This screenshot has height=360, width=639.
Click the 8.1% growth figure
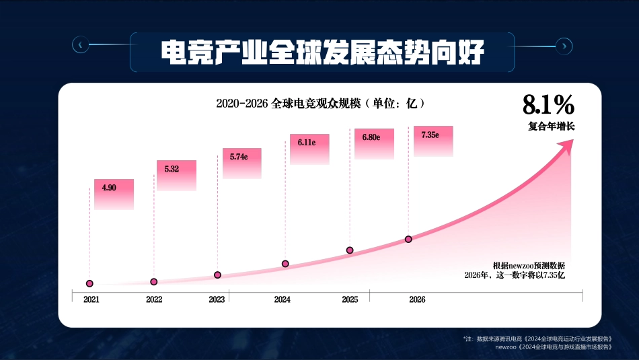tap(548, 105)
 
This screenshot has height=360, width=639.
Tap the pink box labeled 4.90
tap(114, 194)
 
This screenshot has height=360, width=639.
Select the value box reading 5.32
tap(176, 175)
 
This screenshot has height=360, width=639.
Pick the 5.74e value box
tap(241, 164)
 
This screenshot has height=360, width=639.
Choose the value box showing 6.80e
tap(374, 143)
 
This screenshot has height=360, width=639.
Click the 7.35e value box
tap(433, 141)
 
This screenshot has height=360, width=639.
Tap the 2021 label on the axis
tap(91, 299)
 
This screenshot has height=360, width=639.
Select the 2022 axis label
tap(154, 299)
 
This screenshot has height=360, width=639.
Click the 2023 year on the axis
tap(217, 299)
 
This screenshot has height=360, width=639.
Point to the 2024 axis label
tap(283, 299)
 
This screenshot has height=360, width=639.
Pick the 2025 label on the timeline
tap(350, 299)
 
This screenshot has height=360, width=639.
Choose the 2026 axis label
tap(417, 299)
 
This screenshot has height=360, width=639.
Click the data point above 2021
tap(89, 284)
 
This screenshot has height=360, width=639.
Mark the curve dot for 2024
tap(285, 264)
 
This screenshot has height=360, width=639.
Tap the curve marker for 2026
tap(408, 239)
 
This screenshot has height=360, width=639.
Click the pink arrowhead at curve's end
tap(567, 145)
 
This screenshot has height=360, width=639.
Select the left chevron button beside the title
tap(80, 45)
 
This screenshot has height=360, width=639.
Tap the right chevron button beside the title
tap(564, 45)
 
